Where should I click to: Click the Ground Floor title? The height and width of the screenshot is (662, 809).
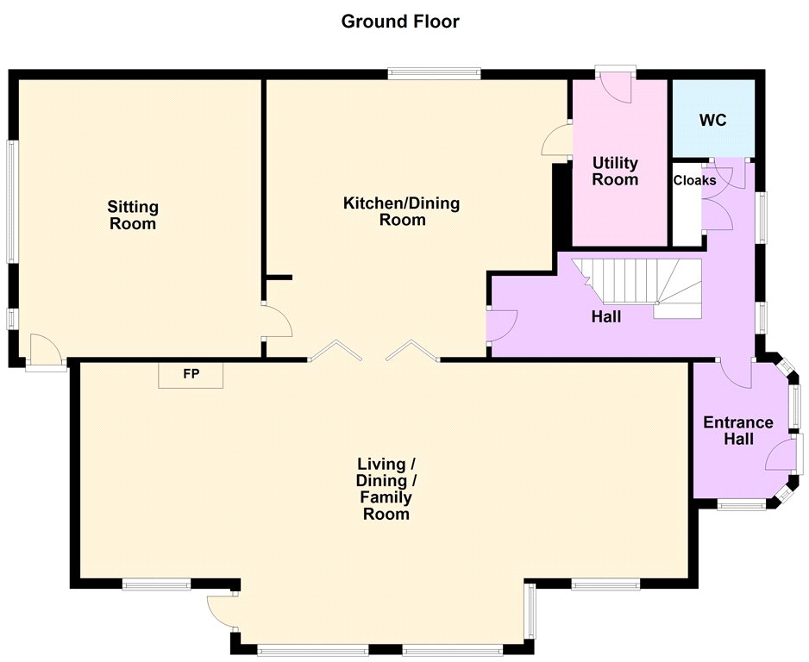tap(400, 22)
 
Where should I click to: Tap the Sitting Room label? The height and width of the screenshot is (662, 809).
tap(133, 215)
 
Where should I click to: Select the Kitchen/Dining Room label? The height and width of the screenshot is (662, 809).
tap(402, 211)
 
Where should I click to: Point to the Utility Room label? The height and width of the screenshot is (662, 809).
tap(615, 172)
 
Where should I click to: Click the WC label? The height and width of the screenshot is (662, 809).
tap(712, 120)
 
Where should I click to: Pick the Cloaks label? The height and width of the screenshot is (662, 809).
tap(694, 180)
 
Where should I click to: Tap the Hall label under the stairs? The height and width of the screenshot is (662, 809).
tap(606, 316)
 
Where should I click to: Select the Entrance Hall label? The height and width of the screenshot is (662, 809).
tap(738, 430)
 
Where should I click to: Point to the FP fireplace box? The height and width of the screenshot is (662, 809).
tap(191, 375)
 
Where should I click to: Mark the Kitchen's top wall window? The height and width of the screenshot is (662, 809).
tap(435, 74)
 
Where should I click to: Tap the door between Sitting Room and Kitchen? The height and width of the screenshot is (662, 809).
tap(277, 321)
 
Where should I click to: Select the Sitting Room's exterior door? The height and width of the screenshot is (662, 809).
tap(47, 352)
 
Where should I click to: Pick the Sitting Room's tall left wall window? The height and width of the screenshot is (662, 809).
tap(12, 202)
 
